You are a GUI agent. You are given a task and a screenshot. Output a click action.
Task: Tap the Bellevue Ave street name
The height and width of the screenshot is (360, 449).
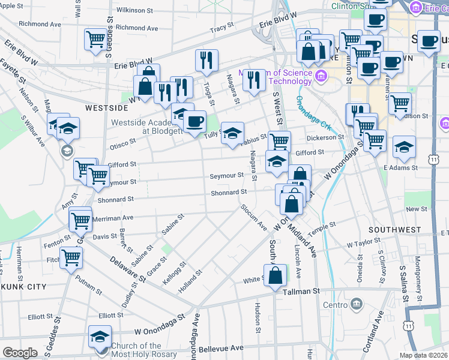pyautogui.click(x=221, y=348)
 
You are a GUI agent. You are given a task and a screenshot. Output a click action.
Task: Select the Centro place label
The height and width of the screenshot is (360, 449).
pyautogui.click(x=336, y=305)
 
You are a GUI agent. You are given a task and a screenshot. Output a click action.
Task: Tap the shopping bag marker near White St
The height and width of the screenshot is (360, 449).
pyautogui.click(x=276, y=276)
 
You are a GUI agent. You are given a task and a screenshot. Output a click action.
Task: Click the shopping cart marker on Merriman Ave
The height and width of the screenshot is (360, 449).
pyautogui.click(x=80, y=220)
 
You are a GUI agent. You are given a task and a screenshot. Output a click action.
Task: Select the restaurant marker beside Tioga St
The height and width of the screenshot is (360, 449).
pyautogui.click(x=206, y=61)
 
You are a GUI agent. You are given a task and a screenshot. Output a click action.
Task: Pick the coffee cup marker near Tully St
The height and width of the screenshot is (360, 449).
pyautogui.click(x=193, y=122)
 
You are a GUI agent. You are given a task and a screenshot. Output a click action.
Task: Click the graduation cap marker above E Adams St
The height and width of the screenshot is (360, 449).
pyautogui.click(x=404, y=146)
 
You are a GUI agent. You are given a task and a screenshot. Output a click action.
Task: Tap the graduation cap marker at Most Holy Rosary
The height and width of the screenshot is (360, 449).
pyautogui.click(x=100, y=337)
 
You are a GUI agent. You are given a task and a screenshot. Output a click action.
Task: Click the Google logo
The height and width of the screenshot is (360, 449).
pyautogui.click(x=20, y=353)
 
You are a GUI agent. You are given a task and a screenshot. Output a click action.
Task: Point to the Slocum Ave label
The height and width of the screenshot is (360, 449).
pyautogui.click(x=253, y=217)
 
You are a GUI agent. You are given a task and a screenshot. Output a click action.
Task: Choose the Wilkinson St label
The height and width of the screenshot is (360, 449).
pyautogui.click(x=134, y=10)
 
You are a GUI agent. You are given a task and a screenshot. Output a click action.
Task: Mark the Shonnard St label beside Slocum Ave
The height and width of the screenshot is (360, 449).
pyautogui.click(x=229, y=193)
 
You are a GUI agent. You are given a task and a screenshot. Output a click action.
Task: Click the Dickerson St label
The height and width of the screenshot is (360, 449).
pyautogui.click(x=325, y=137)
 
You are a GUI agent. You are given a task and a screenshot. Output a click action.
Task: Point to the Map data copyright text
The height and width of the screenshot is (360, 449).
pyautogui.click(x=424, y=355)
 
